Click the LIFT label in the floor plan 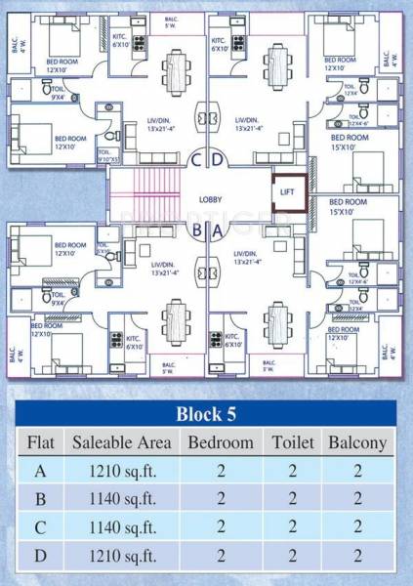287,192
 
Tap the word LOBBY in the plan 210,198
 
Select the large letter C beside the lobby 196,159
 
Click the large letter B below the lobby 196,231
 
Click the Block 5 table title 207,411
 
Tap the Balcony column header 357,442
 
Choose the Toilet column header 292,442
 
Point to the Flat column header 39,442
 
